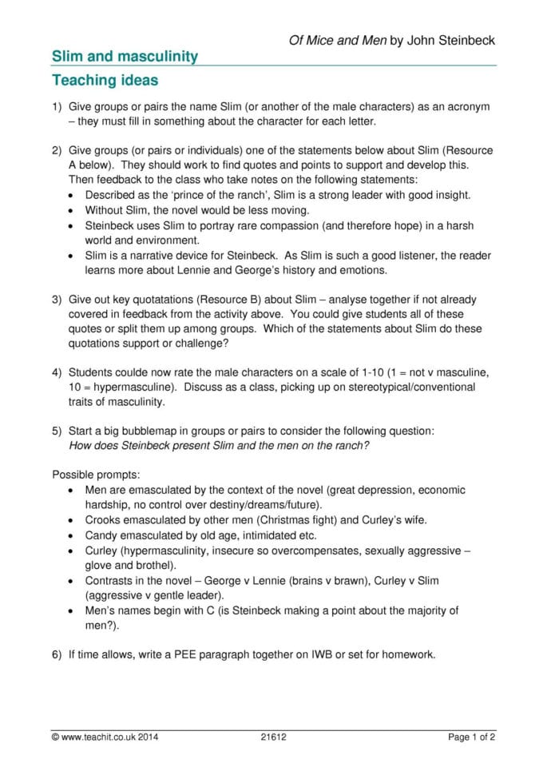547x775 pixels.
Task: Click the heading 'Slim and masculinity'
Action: click(125, 56)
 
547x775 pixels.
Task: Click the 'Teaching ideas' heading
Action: click(105, 81)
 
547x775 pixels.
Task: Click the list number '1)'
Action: click(57, 107)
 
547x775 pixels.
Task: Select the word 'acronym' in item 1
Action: click(468, 107)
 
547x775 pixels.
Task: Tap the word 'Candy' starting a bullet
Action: click(101, 535)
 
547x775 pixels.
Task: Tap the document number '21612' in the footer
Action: click(273, 737)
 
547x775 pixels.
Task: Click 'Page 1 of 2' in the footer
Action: click(472, 737)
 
